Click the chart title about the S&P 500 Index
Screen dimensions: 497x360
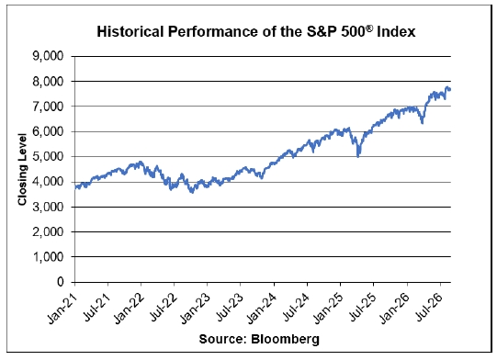coord(256,32)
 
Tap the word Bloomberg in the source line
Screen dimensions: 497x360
coord(286,339)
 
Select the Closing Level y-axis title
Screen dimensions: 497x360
coord(22,170)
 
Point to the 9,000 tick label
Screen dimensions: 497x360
coord(48,56)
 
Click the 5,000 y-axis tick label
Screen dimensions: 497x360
coord(48,156)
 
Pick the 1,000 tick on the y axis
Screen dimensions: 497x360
coord(48,257)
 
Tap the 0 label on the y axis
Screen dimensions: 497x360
coord(61,282)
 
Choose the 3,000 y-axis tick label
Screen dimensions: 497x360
coord(48,207)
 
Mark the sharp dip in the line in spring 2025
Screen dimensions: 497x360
coord(358,156)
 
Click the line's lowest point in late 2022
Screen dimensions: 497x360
coord(192,192)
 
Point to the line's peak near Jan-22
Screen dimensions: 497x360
coord(141,162)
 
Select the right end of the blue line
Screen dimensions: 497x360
coord(450,90)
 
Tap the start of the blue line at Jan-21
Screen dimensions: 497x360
coord(75,187)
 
